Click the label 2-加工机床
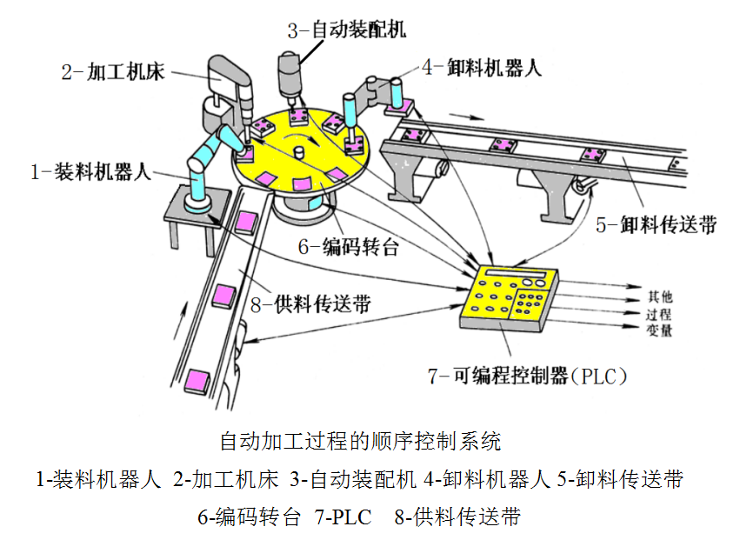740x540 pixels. [114, 71]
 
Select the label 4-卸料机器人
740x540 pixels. [481, 67]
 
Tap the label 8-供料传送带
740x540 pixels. [310, 303]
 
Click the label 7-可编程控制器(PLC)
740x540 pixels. [527, 377]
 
